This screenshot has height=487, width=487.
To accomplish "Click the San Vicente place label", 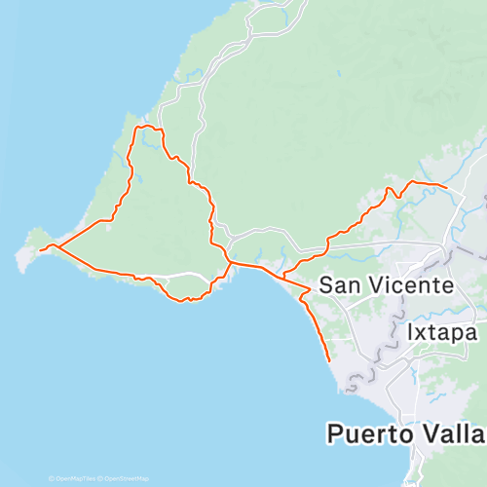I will tap(387, 286).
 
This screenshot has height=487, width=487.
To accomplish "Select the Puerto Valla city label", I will tap(405, 432).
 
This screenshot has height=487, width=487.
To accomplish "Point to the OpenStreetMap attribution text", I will tap(126, 479).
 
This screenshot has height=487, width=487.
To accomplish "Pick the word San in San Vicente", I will tap(338, 286).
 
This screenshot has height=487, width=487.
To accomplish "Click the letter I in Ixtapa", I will tap(409, 332).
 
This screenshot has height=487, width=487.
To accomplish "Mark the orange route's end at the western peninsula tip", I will tap(40, 250).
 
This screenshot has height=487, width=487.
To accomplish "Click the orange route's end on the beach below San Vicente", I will tap(330, 361).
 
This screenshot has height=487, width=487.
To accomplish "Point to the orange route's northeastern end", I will tap(446, 186).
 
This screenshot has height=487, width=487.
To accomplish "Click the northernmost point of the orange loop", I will tap(146, 127).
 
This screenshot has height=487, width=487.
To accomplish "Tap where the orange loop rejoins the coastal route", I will tap(231, 262).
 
